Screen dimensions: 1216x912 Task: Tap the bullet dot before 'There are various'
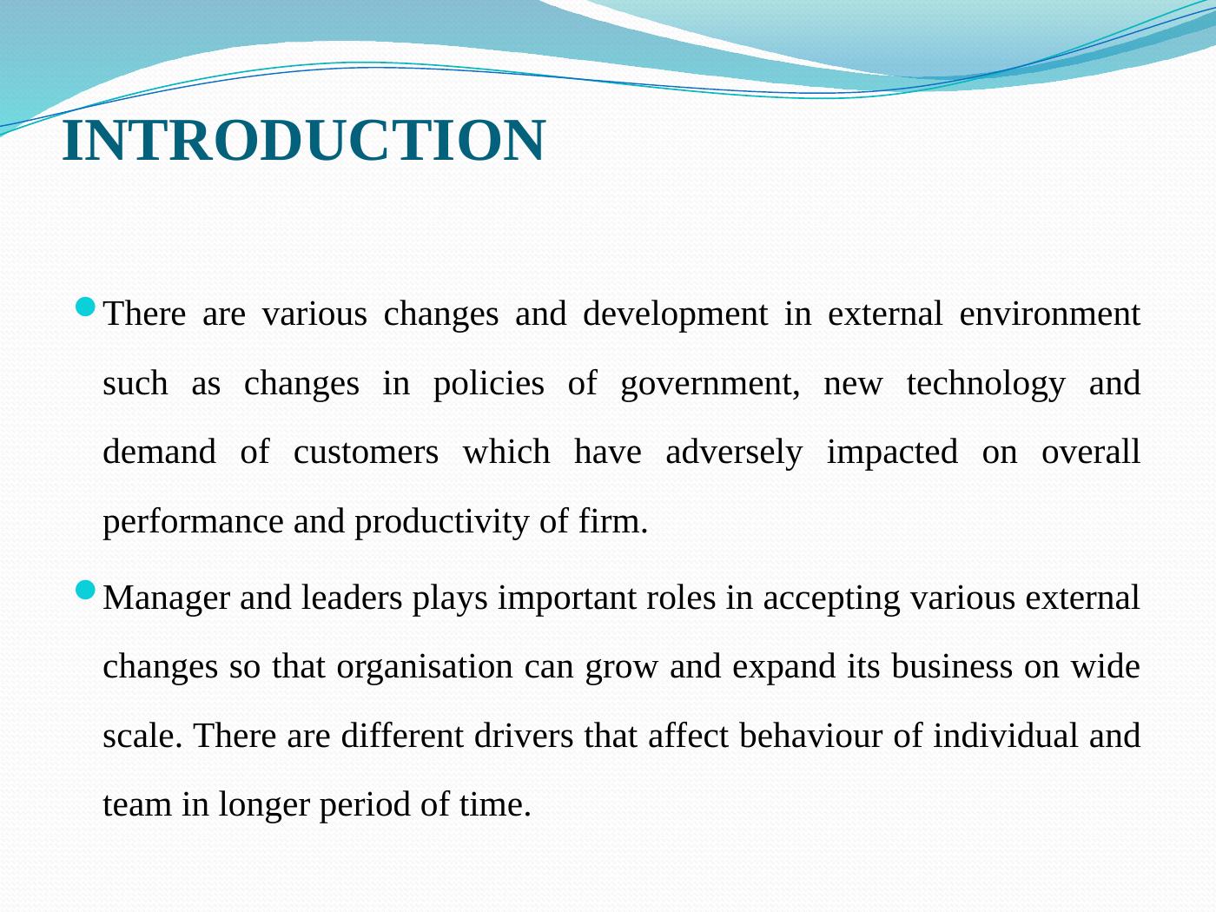click(85, 307)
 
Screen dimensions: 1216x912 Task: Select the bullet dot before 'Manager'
click(85, 591)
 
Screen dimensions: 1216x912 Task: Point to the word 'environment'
click(1049, 314)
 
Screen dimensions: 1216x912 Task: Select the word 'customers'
click(366, 453)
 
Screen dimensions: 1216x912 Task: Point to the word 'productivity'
click(441, 523)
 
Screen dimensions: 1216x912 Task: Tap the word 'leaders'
click(351, 598)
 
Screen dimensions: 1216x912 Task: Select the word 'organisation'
click(425, 668)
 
